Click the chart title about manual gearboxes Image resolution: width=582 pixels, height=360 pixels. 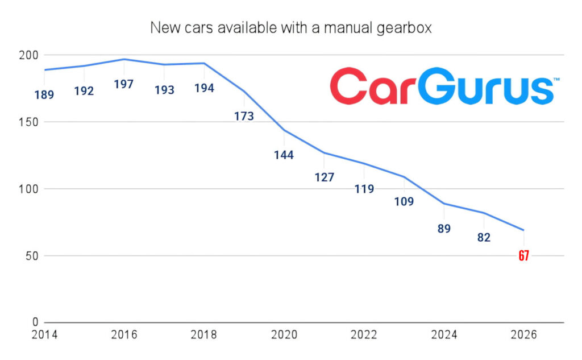coord(291,28)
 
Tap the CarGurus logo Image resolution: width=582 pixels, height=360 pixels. coord(444,86)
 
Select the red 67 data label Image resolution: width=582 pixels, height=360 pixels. coord(523,255)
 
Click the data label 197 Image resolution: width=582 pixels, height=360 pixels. coord(123,84)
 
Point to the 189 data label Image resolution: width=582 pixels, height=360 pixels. coord(44,95)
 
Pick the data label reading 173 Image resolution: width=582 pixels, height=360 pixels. coord(244,116)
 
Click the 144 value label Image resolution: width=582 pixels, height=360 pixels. coord(284,155)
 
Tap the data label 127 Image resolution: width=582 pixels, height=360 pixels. coord(324,177)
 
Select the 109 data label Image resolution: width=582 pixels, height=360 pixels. coord(404,201)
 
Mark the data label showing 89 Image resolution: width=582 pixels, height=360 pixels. coord(444,229)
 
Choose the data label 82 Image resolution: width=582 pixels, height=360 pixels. coord(484,237)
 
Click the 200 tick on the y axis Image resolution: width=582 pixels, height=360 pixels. coord(28,55)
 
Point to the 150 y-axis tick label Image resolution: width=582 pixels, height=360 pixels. coord(28,122)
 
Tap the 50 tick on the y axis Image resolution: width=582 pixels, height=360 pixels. coord(32,256)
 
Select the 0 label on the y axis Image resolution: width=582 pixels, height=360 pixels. coord(35,322)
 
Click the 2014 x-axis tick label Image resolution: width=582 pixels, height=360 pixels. coord(44,335)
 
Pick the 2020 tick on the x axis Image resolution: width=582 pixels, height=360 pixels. coord(284,335)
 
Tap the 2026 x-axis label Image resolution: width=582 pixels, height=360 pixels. coord(523,335)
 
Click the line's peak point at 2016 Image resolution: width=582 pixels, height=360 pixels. coord(124,59)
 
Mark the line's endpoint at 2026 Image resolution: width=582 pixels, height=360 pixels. coord(523,230)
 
